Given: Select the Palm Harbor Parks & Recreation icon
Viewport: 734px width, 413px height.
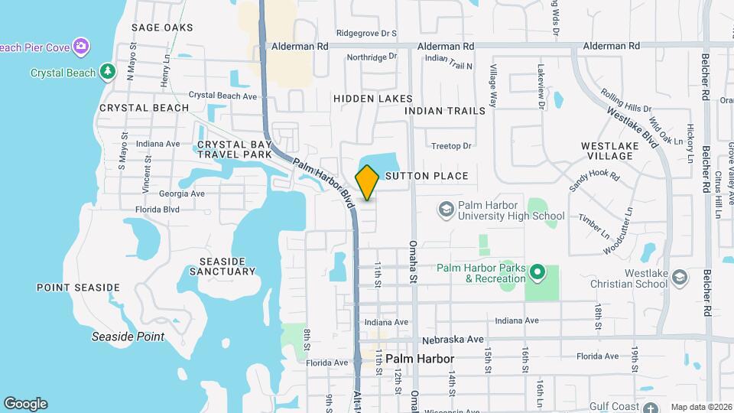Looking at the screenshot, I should tap(538, 272).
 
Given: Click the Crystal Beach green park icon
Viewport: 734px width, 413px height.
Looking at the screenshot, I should tap(109, 73).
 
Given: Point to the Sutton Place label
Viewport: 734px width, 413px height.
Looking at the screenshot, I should tap(427, 176).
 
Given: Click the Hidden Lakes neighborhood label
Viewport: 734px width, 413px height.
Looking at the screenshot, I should tap(373, 99).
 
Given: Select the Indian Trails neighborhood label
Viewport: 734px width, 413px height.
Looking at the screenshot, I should tap(445, 111).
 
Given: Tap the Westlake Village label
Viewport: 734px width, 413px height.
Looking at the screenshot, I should tap(607, 150).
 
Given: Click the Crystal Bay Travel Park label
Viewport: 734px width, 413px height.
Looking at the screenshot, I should tap(235, 149).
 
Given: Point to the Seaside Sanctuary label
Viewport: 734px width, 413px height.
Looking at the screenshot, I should tap(222, 265).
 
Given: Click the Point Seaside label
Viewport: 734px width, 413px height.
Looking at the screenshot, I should tap(78, 288).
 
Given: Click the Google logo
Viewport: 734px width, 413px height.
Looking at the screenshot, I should tap(25, 404).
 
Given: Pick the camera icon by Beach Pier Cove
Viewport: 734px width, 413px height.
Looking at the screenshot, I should tap(81, 47).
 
